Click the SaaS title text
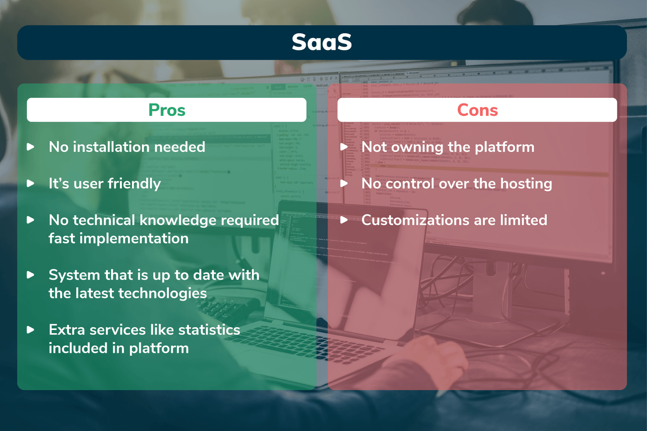[322, 42]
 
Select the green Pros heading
[167, 110]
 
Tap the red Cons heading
[478, 110]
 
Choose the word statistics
[209, 330]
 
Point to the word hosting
[526, 184]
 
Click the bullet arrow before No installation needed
[31, 147]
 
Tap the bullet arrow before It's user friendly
[31, 184]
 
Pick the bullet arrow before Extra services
[31, 330]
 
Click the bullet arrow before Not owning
[344, 147]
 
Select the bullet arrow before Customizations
[344, 220]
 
